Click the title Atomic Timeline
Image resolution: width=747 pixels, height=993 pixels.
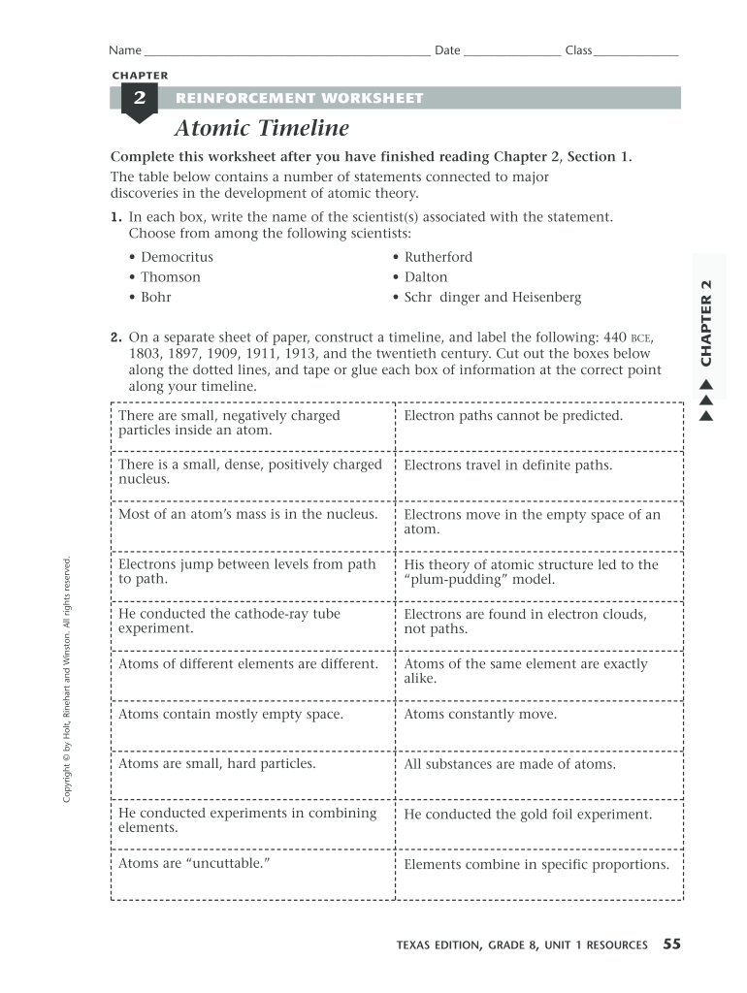[x=261, y=129]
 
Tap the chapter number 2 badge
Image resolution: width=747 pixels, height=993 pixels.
[x=140, y=99]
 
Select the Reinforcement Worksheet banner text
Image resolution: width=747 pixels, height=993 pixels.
[x=299, y=98]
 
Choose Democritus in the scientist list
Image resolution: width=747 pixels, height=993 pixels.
[x=177, y=257]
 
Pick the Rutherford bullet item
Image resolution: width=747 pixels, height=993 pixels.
[x=438, y=257]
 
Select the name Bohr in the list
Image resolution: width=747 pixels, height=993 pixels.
[x=155, y=298]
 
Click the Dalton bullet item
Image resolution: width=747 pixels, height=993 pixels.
[x=426, y=277]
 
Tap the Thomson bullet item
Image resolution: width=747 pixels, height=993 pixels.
[x=171, y=277]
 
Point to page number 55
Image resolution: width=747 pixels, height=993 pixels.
[x=671, y=944]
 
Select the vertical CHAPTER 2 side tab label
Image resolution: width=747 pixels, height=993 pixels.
[x=705, y=323]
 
